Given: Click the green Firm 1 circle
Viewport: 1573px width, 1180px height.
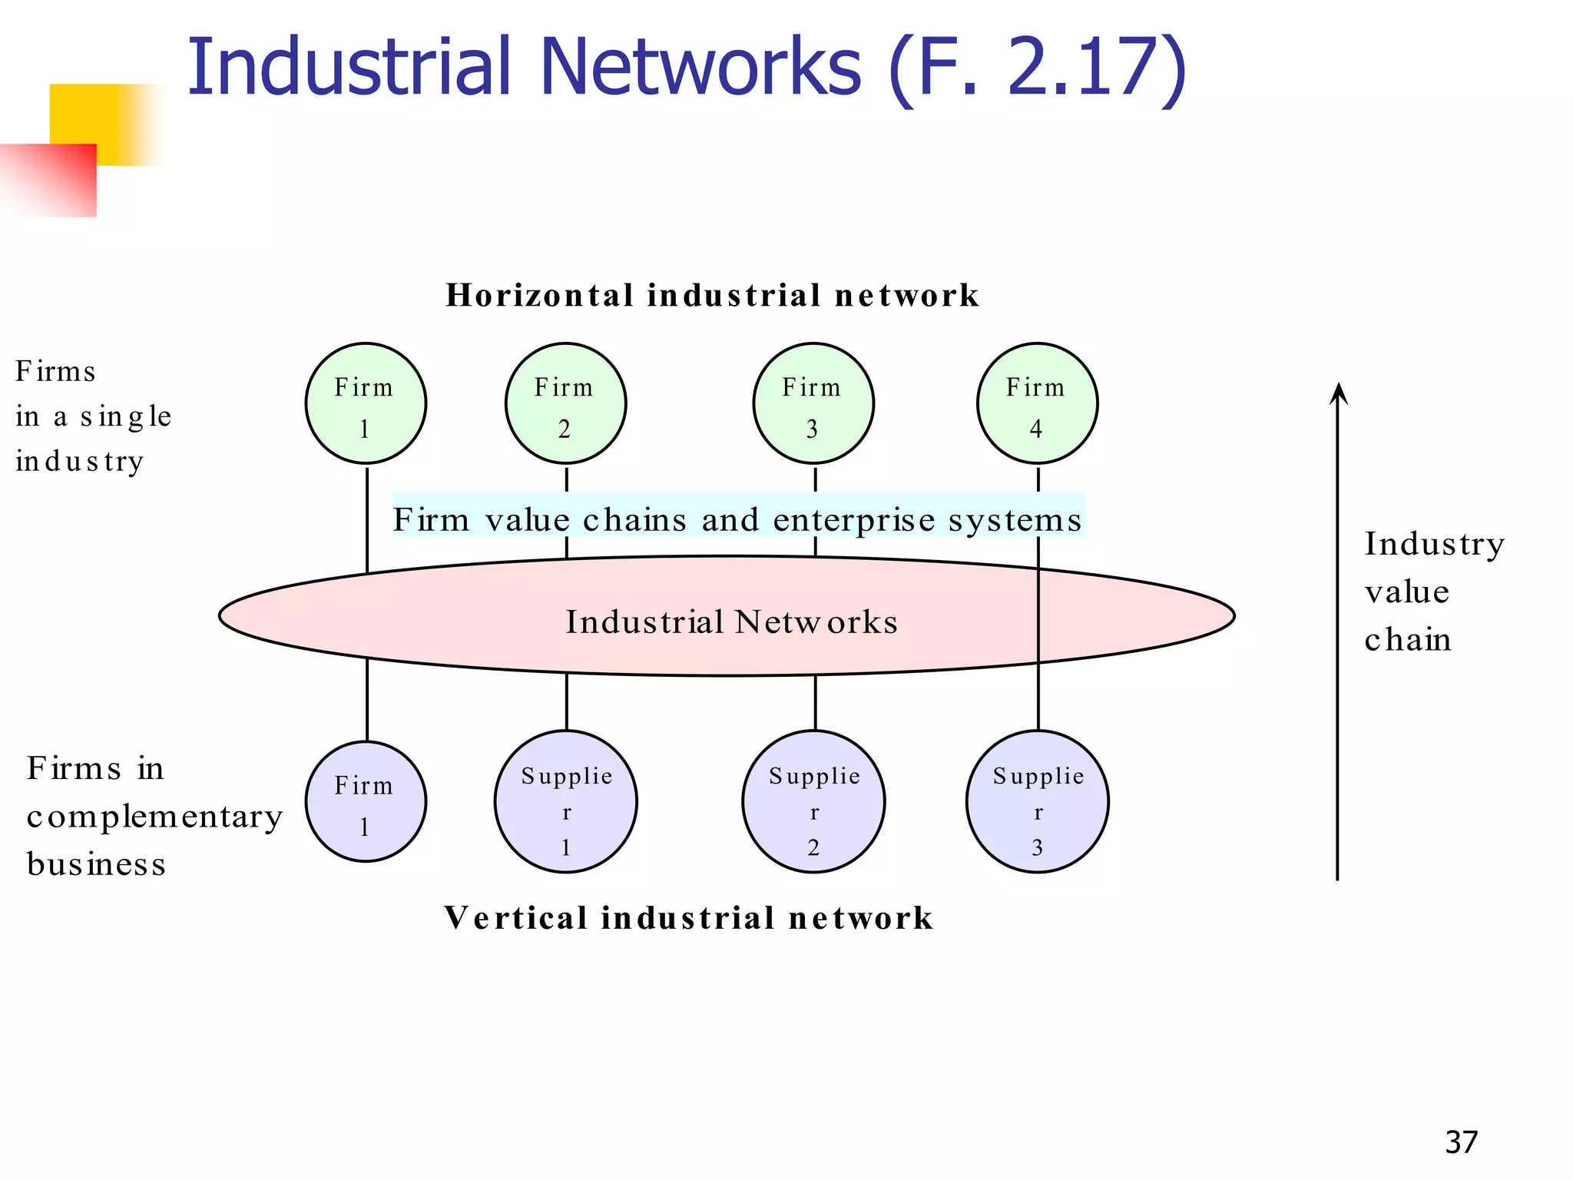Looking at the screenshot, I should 366,403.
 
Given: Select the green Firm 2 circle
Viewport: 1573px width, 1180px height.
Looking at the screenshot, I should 565,403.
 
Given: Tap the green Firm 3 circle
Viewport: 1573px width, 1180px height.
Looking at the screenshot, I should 813,403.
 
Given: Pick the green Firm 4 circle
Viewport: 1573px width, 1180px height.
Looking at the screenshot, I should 1037,403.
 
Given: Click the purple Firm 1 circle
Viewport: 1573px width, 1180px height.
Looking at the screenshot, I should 366,801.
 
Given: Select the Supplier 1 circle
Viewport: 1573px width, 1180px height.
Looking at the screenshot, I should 566,801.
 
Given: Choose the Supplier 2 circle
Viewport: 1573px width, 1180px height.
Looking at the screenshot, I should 813,801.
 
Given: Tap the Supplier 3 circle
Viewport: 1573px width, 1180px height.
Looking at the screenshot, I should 1038,801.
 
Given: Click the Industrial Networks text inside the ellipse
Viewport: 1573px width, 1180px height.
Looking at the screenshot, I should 731,621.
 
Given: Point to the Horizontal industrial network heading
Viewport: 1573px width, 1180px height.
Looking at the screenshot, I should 712,295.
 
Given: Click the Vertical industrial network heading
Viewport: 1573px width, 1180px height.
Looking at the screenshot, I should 688,918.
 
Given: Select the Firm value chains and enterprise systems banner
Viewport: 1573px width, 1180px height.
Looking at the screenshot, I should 737,519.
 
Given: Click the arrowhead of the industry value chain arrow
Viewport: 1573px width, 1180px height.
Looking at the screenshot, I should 1338,393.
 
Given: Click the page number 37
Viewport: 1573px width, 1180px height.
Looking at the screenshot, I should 1461,1142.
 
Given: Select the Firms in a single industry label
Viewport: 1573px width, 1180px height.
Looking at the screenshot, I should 92,416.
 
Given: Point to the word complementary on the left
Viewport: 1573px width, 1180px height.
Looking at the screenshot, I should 154,817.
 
